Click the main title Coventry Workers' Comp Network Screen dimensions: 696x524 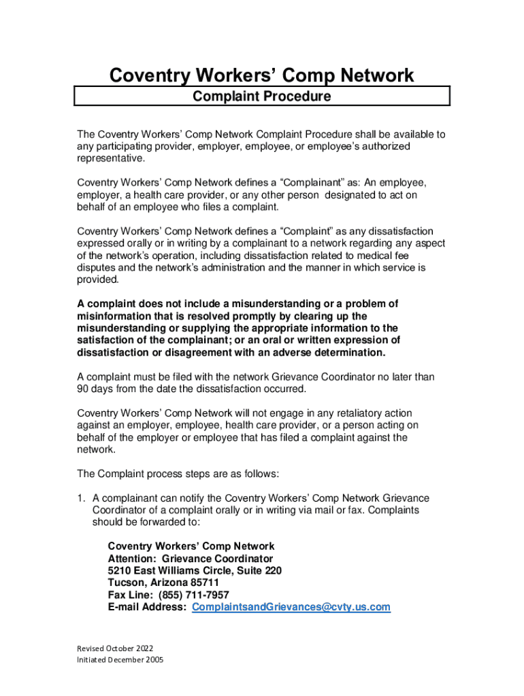(x=262, y=75)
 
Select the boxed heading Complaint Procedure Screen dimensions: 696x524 (x=262, y=97)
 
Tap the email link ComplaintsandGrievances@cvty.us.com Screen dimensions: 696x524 (x=291, y=607)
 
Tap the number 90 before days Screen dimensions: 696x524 (x=83, y=389)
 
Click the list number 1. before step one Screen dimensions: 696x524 (x=81, y=498)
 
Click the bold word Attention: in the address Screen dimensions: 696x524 (x=132, y=558)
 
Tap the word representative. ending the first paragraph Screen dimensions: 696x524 (x=111, y=159)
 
